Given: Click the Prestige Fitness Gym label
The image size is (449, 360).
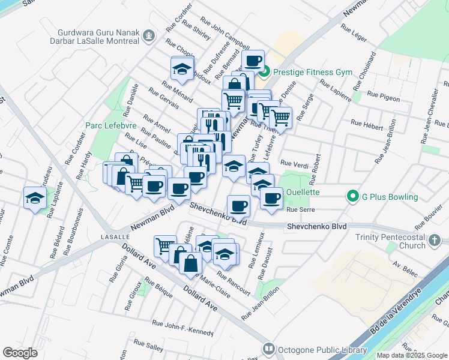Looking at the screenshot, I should (x=312, y=72).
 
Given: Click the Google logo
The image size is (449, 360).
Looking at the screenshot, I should (x=20, y=353).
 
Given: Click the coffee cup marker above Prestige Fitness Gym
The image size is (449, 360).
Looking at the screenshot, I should (x=253, y=60).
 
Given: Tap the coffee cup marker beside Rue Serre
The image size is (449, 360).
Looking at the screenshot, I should (x=271, y=198).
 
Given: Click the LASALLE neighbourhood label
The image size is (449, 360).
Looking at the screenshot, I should (x=103, y=238).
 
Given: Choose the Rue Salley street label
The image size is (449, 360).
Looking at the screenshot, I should (x=148, y=348).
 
